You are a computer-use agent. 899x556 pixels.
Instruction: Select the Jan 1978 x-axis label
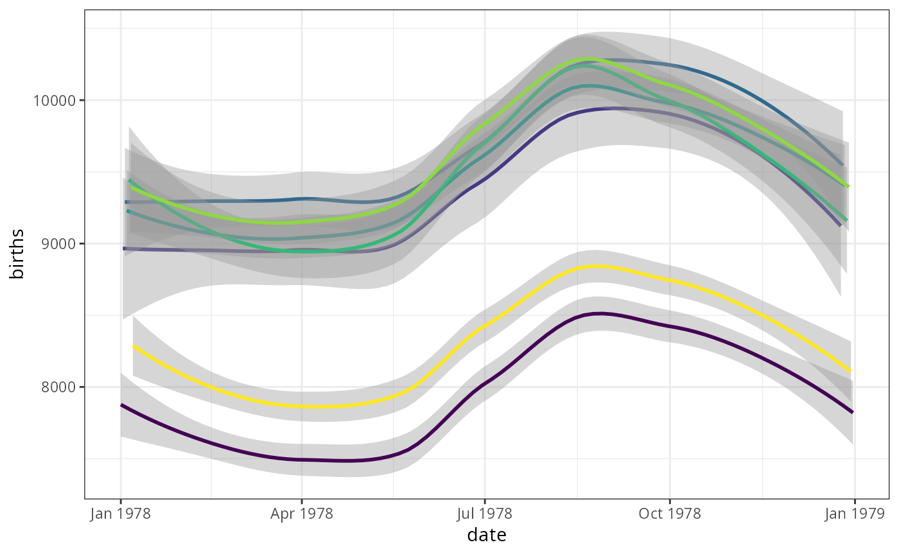[x=120, y=514]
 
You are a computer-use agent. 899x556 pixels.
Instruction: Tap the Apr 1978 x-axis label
[x=301, y=514]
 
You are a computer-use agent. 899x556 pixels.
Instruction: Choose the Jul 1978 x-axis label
[x=484, y=514]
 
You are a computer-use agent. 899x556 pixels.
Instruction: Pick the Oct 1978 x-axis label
[x=670, y=514]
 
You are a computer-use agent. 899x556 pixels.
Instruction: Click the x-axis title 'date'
[x=486, y=535]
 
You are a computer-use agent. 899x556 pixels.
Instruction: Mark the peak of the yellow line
[x=597, y=266]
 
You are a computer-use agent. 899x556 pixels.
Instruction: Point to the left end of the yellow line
[x=134, y=346]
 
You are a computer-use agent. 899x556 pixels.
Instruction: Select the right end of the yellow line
[x=850, y=371]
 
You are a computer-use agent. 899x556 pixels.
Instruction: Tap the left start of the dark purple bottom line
[x=121, y=405]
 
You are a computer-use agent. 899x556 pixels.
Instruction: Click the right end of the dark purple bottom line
[x=852, y=412]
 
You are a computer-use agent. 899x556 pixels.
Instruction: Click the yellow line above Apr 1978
[x=301, y=406]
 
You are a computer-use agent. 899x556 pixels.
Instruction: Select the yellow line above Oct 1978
[x=670, y=280]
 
